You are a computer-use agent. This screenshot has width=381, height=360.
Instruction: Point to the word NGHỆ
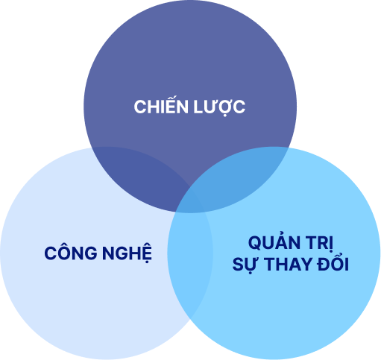tap(127, 253)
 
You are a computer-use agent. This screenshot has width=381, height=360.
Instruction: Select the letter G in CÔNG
tap(91, 253)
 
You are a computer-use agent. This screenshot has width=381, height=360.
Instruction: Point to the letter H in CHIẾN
tap(153, 107)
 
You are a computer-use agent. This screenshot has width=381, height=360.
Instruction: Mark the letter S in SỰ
tap(238, 264)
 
